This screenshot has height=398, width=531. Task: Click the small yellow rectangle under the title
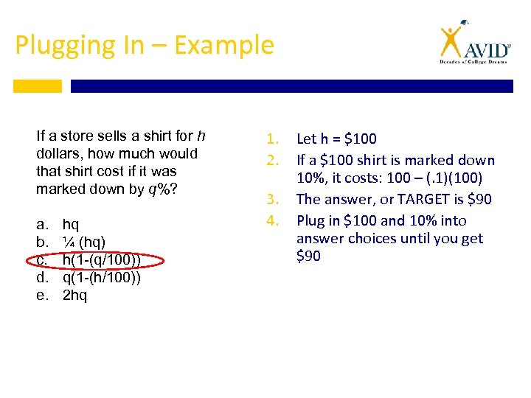point(37,86)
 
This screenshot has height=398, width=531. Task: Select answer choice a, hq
point(71,224)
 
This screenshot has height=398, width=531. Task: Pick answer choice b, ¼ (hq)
point(83,242)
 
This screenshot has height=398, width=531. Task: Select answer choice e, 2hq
point(74,296)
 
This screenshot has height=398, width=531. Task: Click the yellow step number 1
point(271,139)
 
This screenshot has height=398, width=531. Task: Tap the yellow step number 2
point(271,160)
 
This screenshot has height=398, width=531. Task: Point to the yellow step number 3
point(271,199)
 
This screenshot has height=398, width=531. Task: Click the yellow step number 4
point(271,220)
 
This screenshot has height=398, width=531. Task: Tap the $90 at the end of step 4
point(308,256)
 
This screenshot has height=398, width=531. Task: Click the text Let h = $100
point(336,139)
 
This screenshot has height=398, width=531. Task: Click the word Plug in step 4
point(310,220)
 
